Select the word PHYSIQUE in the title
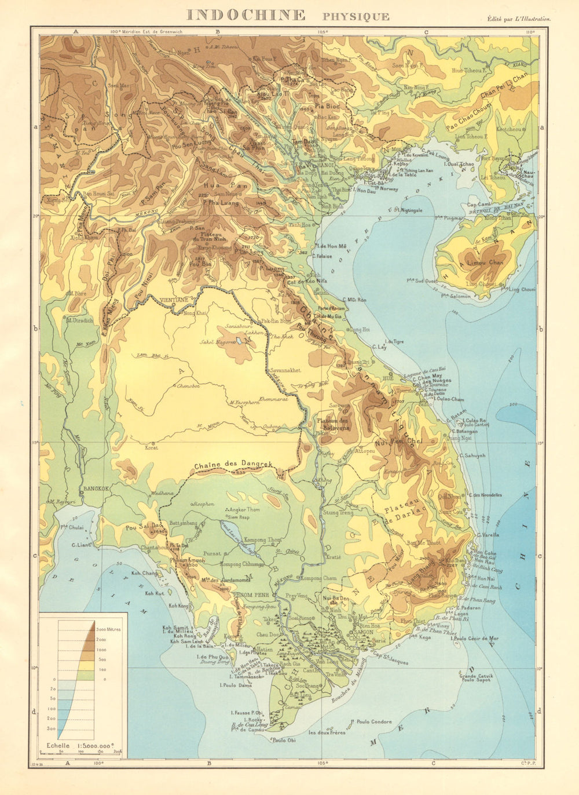(356, 17)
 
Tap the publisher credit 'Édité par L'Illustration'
(519, 19)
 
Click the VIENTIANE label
(174, 300)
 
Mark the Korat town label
(151, 447)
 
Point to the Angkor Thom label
(244, 509)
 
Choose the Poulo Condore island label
(374, 722)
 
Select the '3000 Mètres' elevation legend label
(108, 629)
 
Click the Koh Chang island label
(144, 573)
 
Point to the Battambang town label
(183, 523)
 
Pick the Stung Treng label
(339, 513)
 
